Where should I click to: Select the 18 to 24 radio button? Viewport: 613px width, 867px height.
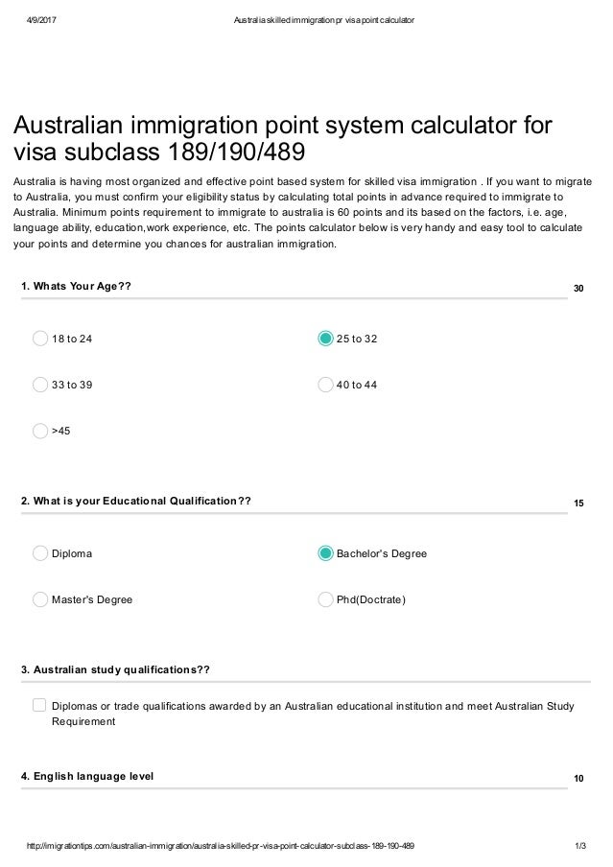coord(40,339)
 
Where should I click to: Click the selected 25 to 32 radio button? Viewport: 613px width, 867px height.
coord(325,339)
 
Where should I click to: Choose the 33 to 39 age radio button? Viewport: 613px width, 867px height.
coord(40,385)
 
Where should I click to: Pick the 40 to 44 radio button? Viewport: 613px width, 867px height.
coord(325,385)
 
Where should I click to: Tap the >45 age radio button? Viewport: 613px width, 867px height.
coord(40,431)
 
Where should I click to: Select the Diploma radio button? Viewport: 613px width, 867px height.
coord(40,553)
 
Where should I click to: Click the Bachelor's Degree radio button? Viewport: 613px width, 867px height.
coord(325,553)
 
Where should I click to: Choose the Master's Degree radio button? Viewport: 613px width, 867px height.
coord(40,599)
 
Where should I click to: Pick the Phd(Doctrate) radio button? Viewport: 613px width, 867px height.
coord(325,599)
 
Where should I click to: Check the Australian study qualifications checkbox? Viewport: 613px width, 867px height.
coord(39,706)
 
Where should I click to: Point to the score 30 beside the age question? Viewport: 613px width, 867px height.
coord(578,288)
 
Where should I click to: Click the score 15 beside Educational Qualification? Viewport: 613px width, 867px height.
coord(578,503)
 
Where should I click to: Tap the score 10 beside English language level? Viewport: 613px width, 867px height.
coord(578,778)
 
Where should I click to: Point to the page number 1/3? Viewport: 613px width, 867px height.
coord(578,846)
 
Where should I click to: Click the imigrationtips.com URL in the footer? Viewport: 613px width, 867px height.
coord(222,846)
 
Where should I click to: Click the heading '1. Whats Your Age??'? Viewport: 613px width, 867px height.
coord(76,286)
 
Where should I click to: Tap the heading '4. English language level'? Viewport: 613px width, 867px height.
coord(87,775)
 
